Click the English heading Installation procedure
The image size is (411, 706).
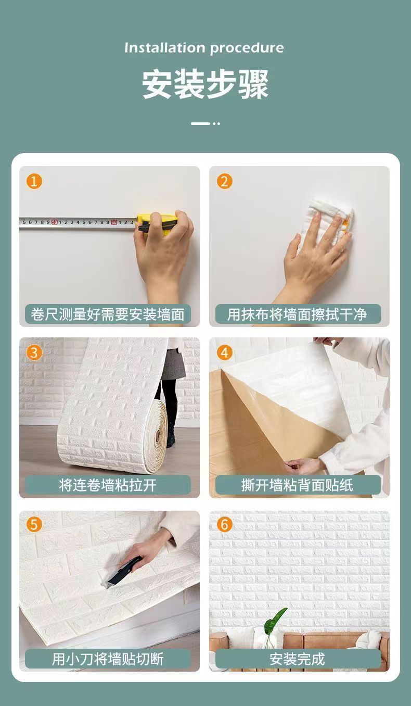click(204, 48)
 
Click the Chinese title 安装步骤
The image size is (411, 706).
click(205, 84)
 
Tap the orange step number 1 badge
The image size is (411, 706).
click(34, 182)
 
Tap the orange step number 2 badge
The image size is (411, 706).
click(225, 182)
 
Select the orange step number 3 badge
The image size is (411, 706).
click(34, 352)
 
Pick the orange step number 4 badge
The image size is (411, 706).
click(225, 352)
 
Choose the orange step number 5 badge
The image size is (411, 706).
click(34, 524)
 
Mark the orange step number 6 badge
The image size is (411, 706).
click(225, 524)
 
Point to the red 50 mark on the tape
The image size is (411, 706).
click(55, 222)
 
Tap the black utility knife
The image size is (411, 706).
click(123, 571)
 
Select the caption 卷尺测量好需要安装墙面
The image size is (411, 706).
click(108, 314)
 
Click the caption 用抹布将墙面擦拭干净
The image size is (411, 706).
click(297, 314)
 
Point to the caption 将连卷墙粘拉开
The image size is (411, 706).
click(108, 485)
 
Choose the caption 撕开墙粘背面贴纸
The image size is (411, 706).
click(297, 485)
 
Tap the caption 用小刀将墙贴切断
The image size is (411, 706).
click(108, 659)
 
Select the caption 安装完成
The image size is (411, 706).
click(297, 659)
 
